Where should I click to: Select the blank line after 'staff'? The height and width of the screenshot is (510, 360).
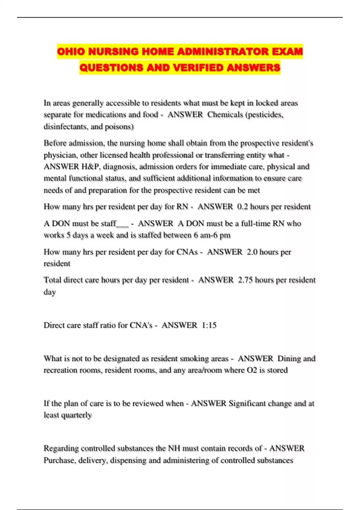click(123, 224)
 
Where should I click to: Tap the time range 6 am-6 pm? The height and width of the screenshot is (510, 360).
click(212, 235)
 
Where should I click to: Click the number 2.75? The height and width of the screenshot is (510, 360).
click(245, 280)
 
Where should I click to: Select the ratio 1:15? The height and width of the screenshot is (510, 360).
click(209, 325)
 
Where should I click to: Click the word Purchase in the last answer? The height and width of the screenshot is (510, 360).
click(59, 460)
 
